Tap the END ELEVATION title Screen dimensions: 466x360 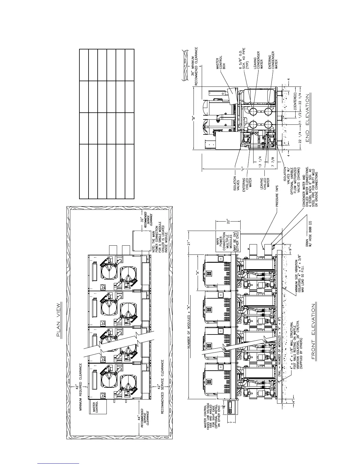pos(308,118)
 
